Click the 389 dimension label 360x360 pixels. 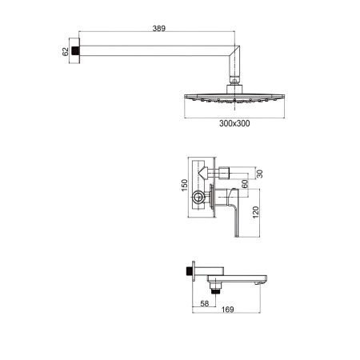click(x=159, y=28)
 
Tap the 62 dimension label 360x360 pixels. click(x=66, y=51)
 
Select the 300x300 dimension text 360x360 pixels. click(x=234, y=123)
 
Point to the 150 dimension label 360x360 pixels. click(x=184, y=185)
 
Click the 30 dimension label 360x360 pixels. click(x=259, y=174)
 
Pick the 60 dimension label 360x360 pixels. click(x=245, y=184)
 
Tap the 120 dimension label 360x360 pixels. click(x=255, y=212)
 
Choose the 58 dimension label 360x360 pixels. click(x=204, y=303)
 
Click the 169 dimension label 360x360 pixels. click(x=227, y=310)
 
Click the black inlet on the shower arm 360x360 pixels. click(x=76, y=50)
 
